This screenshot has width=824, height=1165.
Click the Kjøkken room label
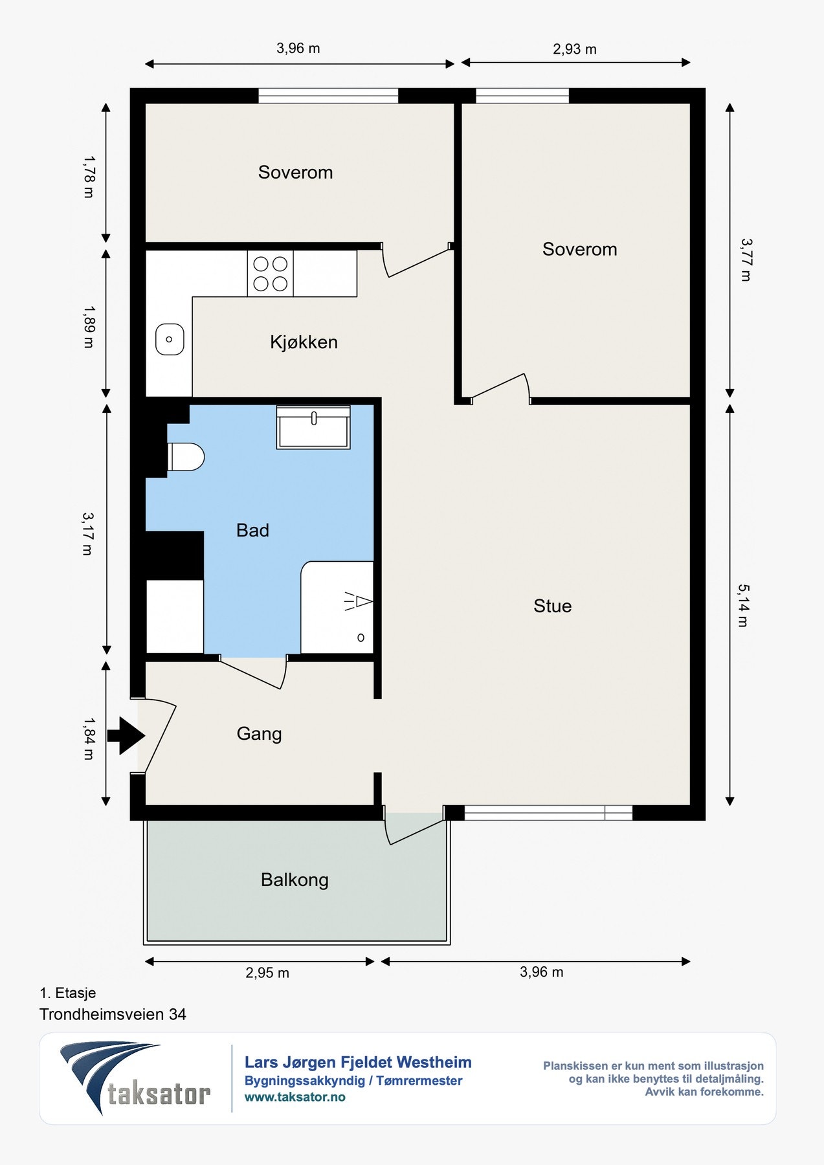[x=304, y=342]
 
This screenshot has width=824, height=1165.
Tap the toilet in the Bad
[x=186, y=457]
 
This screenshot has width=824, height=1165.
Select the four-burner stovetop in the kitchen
[x=270, y=274]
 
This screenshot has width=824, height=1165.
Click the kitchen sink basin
[x=170, y=339]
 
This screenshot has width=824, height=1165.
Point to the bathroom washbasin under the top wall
[x=313, y=427]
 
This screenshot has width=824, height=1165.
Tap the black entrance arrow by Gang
[x=126, y=735]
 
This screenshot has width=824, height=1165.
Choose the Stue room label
[x=553, y=606]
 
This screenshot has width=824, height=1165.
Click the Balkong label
[x=295, y=880]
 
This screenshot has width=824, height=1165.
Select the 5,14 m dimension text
[x=743, y=606]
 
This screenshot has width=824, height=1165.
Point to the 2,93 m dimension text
[x=575, y=49]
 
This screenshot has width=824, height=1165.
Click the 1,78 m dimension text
[x=89, y=176]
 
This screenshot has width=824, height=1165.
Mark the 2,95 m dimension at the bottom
[x=267, y=973]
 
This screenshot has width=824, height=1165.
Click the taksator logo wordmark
[x=159, y=1094]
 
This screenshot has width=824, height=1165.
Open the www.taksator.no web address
[x=295, y=1097]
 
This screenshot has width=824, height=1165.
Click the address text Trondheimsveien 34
[x=113, y=1014]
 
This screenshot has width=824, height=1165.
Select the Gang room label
[x=259, y=734]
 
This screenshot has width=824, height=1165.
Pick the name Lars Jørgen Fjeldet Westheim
[x=358, y=1062]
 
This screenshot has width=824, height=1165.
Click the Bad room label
[x=252, y=531]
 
